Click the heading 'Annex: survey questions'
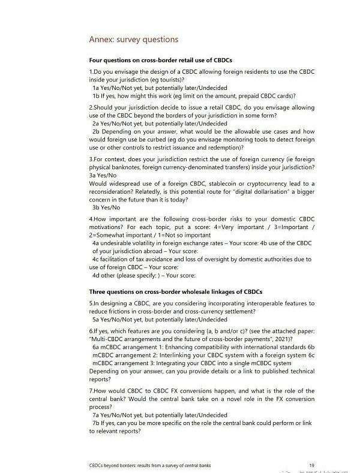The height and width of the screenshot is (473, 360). [x=133, y=40]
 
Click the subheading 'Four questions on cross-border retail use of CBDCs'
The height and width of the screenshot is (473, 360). [x=160, y=61]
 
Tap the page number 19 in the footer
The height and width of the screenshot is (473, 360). [x=311, y=465]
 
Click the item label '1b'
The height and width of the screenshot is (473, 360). [x=96, y=95]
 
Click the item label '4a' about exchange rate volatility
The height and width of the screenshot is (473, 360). [x=96, y=243]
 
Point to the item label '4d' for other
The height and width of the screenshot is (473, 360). [x=96, y=275]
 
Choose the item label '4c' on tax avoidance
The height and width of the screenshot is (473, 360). [x=96, y=260]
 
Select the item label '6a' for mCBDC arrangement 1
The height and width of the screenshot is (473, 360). [x=96, y=347]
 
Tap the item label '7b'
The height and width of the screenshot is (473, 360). [x=96, y=423]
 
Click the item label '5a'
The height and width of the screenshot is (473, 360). [x=96, y=320]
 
